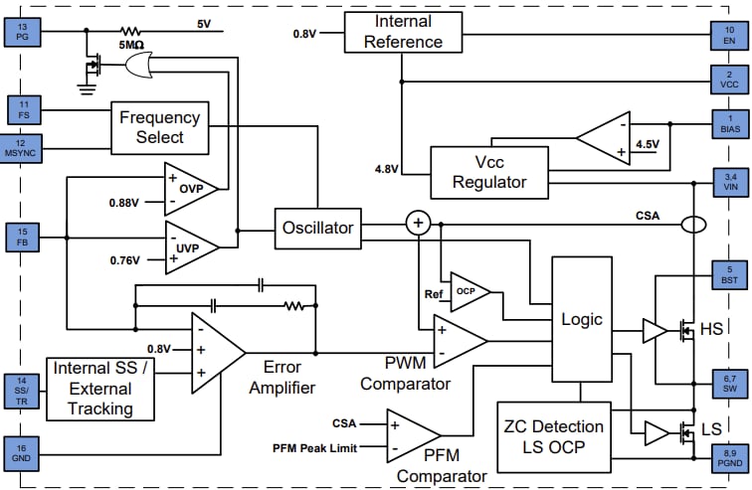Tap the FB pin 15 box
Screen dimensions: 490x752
click(23, 238)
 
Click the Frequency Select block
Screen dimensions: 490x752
click(159, 127)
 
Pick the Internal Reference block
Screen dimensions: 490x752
click(405, 32)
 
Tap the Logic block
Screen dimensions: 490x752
click(581, 319)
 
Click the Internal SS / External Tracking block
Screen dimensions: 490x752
click(100, 389)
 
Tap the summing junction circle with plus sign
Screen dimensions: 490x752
click(417, 224)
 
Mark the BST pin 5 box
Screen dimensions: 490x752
click(729, 273)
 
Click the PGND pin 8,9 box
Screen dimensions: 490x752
click(729, 458)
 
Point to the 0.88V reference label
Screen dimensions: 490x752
click(137, 203)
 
